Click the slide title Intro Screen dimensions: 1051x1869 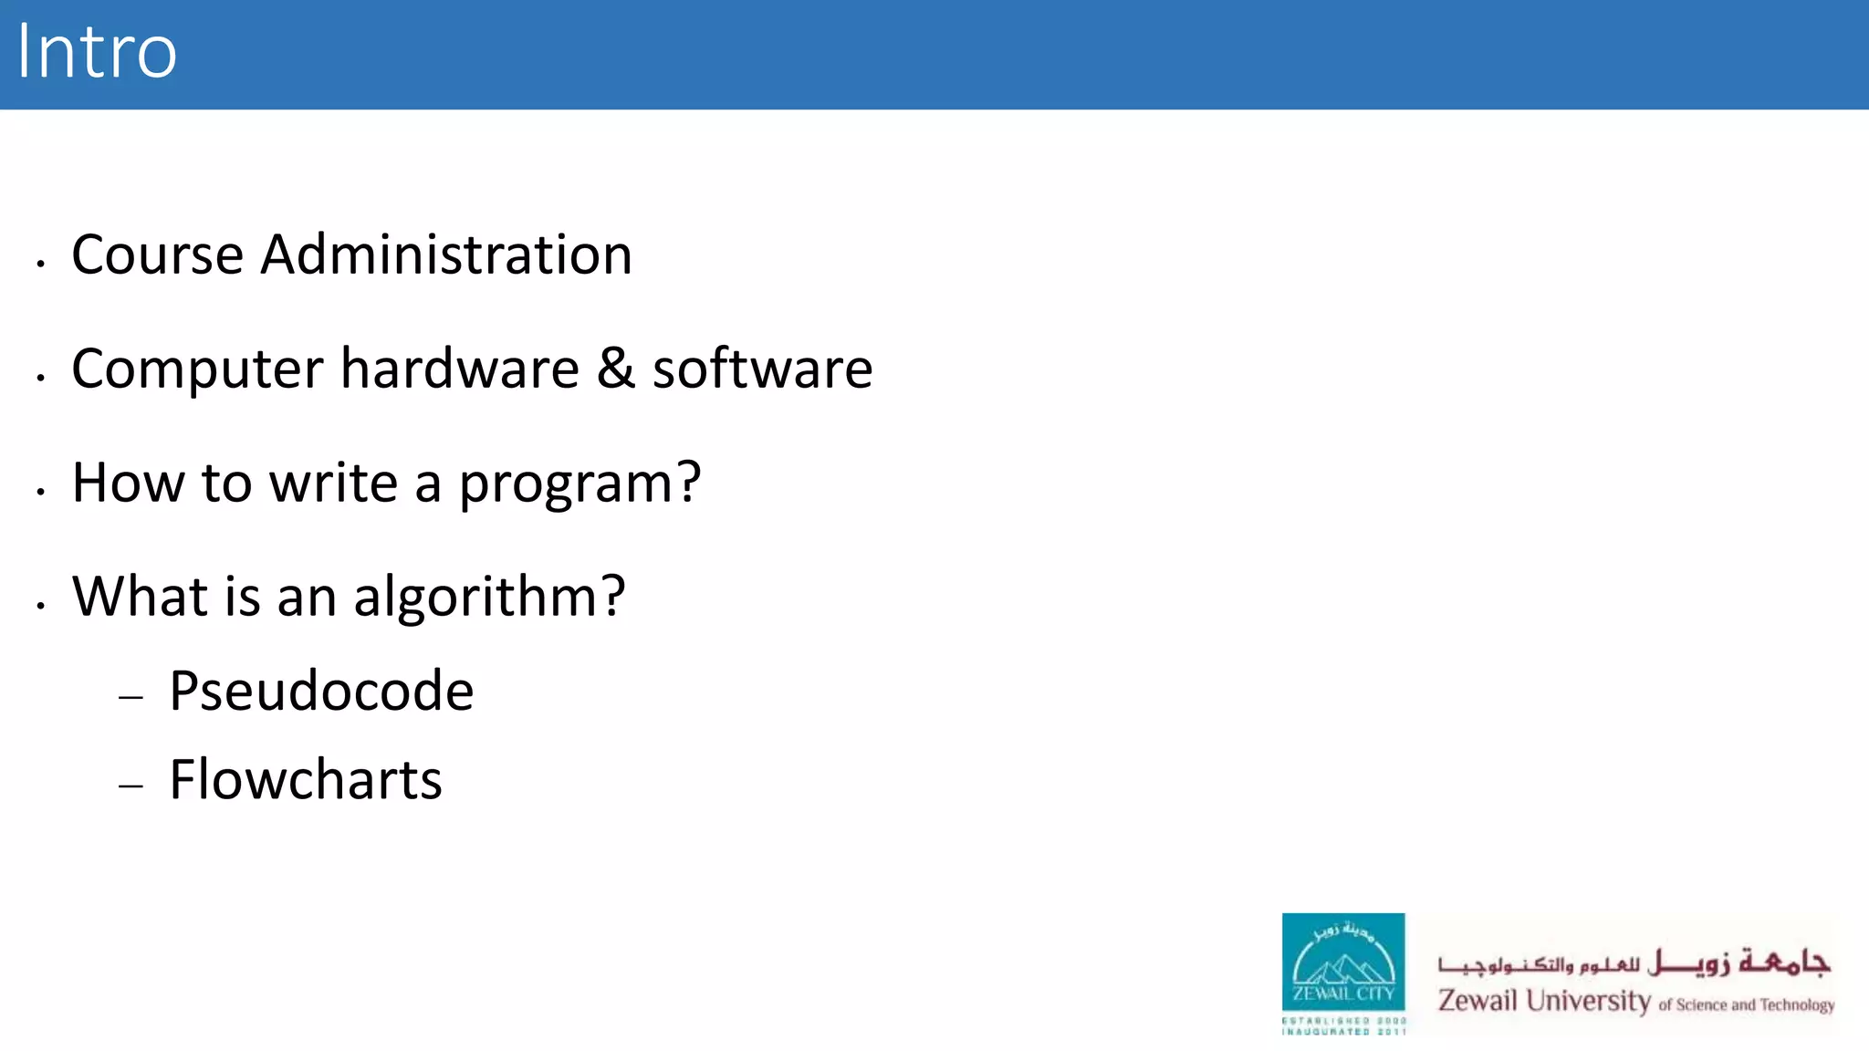click(x=97, y=53)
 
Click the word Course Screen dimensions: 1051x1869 click(x=157, y=255)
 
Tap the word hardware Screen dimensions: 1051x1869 click(x=460, y=369)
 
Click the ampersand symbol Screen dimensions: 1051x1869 click(x=616, y=369)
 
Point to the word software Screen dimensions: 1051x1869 click(x=762, y=369)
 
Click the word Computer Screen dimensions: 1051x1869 click(x=197, y=370)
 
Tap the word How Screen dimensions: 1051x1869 click(x=128, y=483)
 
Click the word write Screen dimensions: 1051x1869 click(x=333, y=483)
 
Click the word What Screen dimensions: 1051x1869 click(x=140, y=597)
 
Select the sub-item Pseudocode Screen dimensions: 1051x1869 click(x=321, y=692)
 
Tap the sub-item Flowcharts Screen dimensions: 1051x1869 click(x=306, y=780)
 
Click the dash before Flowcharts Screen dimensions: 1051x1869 click(x=131, y=786)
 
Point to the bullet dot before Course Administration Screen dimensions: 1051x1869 click(x=41, y=264)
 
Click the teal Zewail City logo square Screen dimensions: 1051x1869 click(x=1342, y=963)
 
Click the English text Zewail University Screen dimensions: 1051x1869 click(x=1544, y=1002)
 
